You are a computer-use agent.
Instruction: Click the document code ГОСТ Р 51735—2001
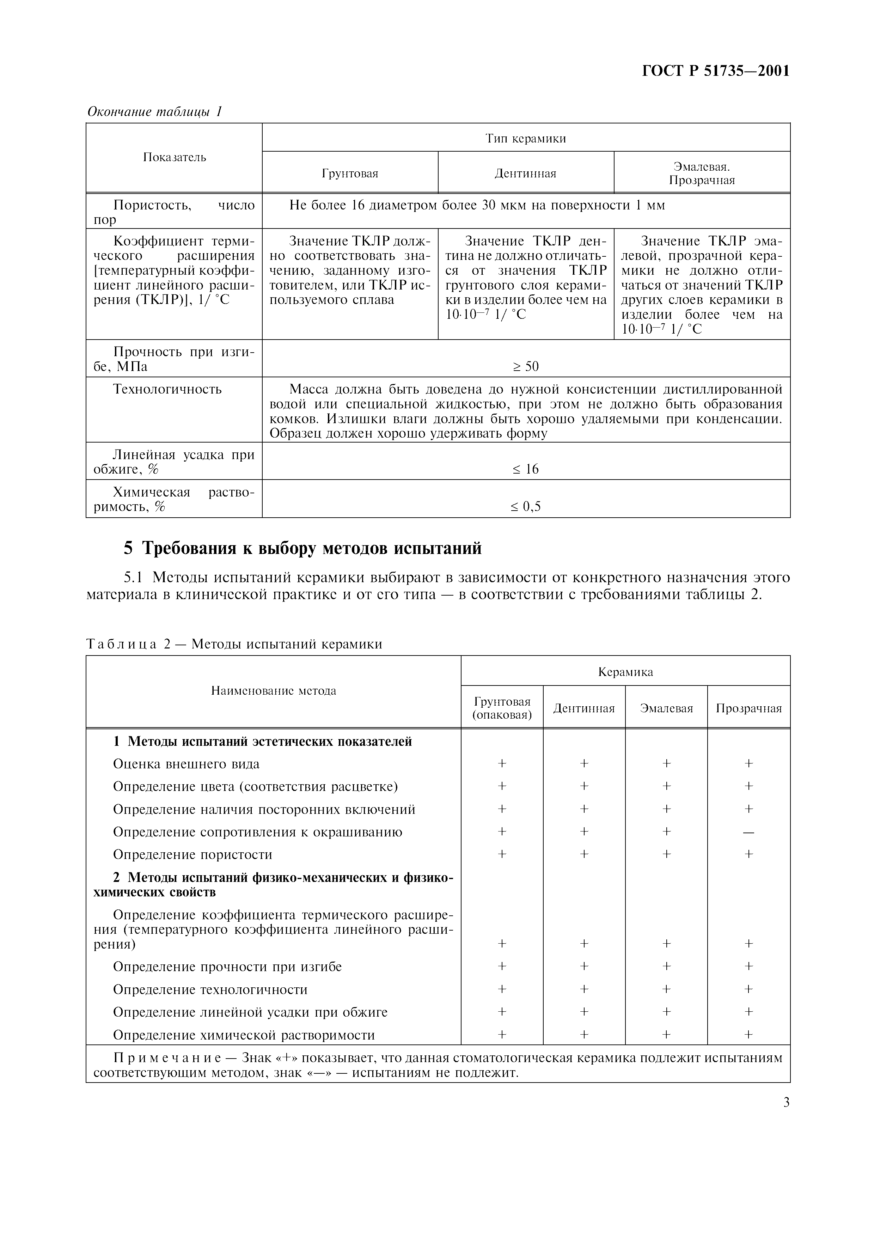coord(716,71)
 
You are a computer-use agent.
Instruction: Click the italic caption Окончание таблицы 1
coord(154,111)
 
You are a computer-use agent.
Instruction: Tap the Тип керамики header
coord(526,139)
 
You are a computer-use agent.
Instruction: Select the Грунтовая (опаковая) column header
coord(502,708)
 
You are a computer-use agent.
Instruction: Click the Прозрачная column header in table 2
coord(748,708)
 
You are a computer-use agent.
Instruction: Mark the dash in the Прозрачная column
coord(748,833)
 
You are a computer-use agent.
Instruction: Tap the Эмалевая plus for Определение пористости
coord(667,854)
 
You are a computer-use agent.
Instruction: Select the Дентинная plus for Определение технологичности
coord(584,989)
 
